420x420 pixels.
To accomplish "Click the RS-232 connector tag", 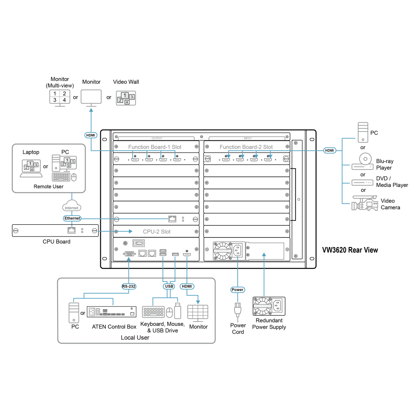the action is [129, 286].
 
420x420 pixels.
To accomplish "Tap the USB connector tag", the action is [169, 286].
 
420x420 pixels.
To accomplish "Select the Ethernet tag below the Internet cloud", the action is [72, 218].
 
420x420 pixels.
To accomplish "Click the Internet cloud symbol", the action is [71, 206].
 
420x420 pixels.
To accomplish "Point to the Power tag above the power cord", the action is [238, 289].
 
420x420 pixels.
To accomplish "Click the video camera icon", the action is [365, 203].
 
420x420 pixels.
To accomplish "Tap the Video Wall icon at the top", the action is [126, 98].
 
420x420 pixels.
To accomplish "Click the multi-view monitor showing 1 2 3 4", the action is [60, 98].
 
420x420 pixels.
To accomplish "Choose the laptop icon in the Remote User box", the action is [31, 168].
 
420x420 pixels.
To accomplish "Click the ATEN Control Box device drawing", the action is [111, 312].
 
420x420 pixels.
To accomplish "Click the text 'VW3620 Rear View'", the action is [350, 250].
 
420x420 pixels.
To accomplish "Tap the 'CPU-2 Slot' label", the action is [157, 231].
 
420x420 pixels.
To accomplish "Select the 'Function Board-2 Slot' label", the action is [246, 147].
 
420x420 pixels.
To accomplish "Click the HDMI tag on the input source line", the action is [329, 150].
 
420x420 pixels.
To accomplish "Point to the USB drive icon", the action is [178, 311].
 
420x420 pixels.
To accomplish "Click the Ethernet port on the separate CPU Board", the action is [71, 230].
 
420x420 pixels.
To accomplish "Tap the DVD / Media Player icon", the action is [362, 183].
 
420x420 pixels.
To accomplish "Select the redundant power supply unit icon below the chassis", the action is [269, 306].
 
